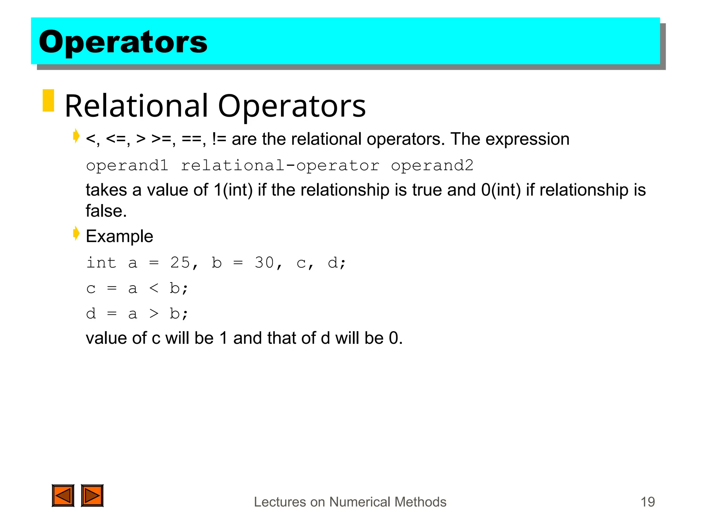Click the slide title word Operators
coord(123,42)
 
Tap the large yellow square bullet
coord(48,100)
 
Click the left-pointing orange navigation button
coord(63,496)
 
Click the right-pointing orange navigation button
coord(92,496)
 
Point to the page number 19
coord(647,502)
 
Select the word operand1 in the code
coord(127,165)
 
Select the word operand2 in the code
coord(432,165)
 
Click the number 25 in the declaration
coord(180,263)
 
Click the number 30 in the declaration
coord(264,263)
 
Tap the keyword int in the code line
coord(101,263)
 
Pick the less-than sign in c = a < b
coord(154,288)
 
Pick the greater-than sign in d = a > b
coord(154,313)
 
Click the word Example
coord(119,236)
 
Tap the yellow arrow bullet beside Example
coord(76,234)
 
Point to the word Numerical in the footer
coord(359,502)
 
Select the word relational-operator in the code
coord(280,165)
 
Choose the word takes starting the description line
coord(106,190)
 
